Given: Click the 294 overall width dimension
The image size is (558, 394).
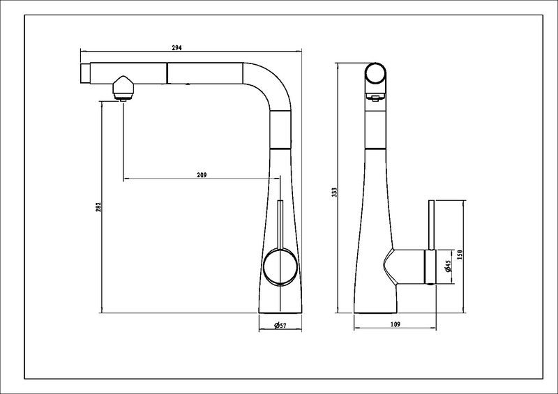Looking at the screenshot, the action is [x=177, y=47].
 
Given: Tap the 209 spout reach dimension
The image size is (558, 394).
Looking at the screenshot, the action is [x=202, y=175].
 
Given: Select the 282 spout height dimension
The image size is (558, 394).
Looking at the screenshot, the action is [x=98, y=207].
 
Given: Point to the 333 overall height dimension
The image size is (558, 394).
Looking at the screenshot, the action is [x=334, y=192].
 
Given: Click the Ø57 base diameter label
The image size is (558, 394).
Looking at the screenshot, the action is [x=280, y=325].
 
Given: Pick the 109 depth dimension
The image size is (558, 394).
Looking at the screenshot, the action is [x=395, y=324].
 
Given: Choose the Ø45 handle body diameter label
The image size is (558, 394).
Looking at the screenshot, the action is [x=448, y=266].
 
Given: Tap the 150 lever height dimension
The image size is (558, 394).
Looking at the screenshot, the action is [x=459, y=255].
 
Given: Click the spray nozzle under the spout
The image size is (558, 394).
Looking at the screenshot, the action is [x=123, y=88].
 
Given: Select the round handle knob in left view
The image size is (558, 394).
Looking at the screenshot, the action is [x=280, y=266].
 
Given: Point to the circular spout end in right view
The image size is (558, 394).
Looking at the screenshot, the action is [x=375, y=73].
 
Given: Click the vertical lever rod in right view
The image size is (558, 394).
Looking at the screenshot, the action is [x=431, y=225].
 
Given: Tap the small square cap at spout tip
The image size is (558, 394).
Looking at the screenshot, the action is [x=85, y=73].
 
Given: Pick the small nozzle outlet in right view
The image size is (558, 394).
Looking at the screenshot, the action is [x=375, y=97].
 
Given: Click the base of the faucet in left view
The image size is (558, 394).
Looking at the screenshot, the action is [x=280, y=309].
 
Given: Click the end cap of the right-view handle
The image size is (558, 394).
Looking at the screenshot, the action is [x=431, y=267].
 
